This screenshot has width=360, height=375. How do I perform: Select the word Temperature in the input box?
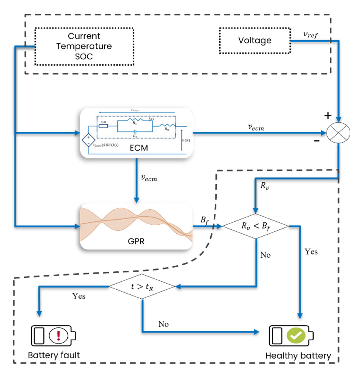(x=85, y=46)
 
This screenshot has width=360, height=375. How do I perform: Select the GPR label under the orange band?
(x=136, y=239)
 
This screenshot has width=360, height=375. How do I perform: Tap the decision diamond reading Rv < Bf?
(x=256, y=226)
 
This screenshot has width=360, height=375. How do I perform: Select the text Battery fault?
(x=54, y=356)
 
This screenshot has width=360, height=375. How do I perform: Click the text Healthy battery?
(x=298, y=356)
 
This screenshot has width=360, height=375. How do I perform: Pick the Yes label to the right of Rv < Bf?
(x=311, y=252)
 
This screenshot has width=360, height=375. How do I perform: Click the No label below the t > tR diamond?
(x=163, y=324)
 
